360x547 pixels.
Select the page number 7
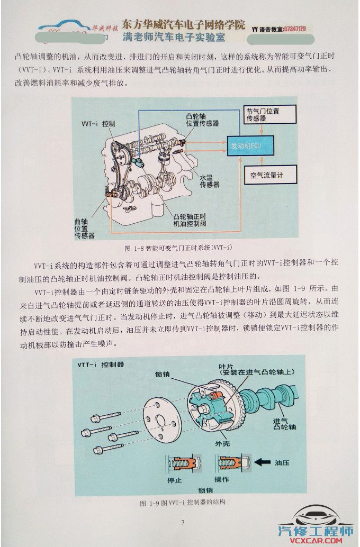pyautogui.click(x=183, y=522)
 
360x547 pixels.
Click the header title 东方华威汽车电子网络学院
pyautogui.click(x=184, y=24)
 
